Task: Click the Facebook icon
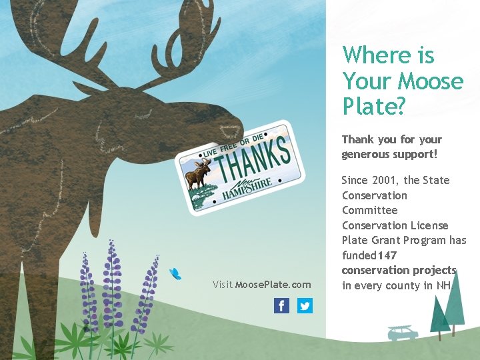(281, 306)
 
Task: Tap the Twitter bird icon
(305, 306)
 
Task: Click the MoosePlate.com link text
(273, 285)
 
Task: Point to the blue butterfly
(175, 273)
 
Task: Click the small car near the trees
(403, 333)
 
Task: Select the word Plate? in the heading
(373, 105)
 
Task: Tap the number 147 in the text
(387, 255)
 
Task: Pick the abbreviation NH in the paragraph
(444, 285)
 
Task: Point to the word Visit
(223, 285)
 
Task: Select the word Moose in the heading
(430, 81)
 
